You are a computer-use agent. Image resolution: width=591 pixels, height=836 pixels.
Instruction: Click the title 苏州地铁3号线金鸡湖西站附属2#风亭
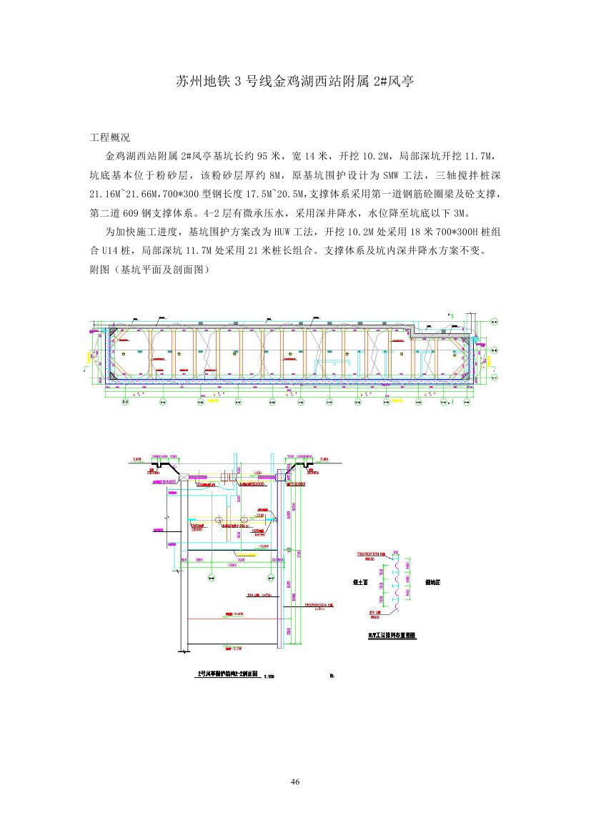pos(295,81)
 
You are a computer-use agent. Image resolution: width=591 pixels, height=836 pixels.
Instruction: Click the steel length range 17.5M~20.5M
pos(277,194)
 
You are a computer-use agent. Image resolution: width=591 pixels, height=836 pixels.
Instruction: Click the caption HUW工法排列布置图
pos(392,635)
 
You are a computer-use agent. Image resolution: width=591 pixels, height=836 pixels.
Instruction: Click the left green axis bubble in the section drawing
pos(211,576)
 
